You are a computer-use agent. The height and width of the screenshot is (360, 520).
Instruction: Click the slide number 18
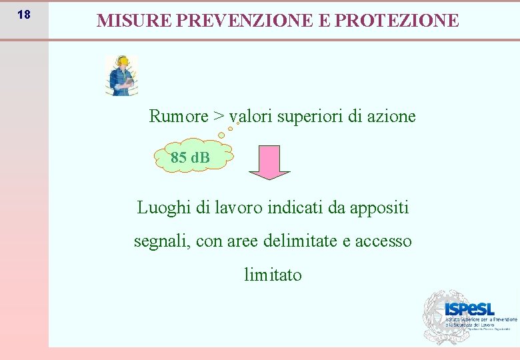[x=23, y=15]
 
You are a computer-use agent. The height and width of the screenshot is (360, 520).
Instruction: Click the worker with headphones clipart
[x=121, y=75]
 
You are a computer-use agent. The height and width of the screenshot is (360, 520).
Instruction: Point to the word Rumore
[x=179, y=117]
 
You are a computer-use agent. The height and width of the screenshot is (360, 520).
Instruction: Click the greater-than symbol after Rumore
[x=219, y=117]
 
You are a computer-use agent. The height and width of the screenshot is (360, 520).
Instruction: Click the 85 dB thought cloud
[x=191, y=157]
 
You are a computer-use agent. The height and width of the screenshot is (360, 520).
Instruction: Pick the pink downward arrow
[x=269, y=162]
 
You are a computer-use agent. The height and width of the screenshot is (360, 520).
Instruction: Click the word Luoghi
[x=164, y=208]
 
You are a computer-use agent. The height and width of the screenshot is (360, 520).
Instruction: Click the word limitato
[x=273, y=275]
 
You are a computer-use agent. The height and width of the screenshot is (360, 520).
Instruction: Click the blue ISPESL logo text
[x=469, y=309]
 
